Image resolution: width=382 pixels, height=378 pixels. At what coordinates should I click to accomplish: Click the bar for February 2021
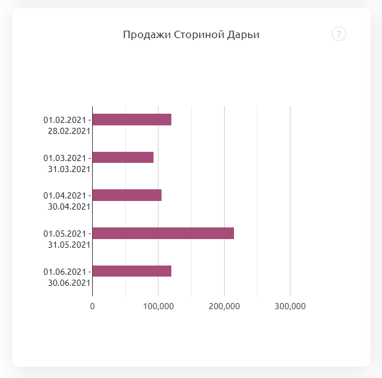coord(131,119)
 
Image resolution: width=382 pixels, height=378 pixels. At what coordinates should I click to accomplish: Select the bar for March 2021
coord(123,157)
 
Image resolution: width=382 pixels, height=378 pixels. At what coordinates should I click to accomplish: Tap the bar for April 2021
coord(127,195)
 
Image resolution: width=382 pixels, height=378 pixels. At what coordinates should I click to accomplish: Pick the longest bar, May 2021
coord(163,233)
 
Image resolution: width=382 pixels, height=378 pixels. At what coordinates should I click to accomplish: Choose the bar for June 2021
coord(131,271)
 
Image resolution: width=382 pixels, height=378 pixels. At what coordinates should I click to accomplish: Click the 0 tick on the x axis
coord(93,306)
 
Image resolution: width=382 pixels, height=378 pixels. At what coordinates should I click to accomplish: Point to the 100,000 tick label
coord(158,306)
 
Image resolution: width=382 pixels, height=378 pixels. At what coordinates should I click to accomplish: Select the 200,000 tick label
coord(224,306)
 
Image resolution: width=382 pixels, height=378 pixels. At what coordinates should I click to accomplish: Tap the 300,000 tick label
coord(290,306)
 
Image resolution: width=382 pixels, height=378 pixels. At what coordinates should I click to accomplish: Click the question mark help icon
coord(339,34)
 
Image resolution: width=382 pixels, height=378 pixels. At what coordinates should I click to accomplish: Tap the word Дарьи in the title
coord(244,34)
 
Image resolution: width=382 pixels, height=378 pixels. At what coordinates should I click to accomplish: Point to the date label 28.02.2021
coord(69,131)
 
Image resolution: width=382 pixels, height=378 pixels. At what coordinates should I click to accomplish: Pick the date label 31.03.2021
coord(69,169)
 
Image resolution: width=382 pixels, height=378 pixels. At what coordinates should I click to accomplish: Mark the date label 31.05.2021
coord(69,245)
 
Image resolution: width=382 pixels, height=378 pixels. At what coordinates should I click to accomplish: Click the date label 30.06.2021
coord(69,283)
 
